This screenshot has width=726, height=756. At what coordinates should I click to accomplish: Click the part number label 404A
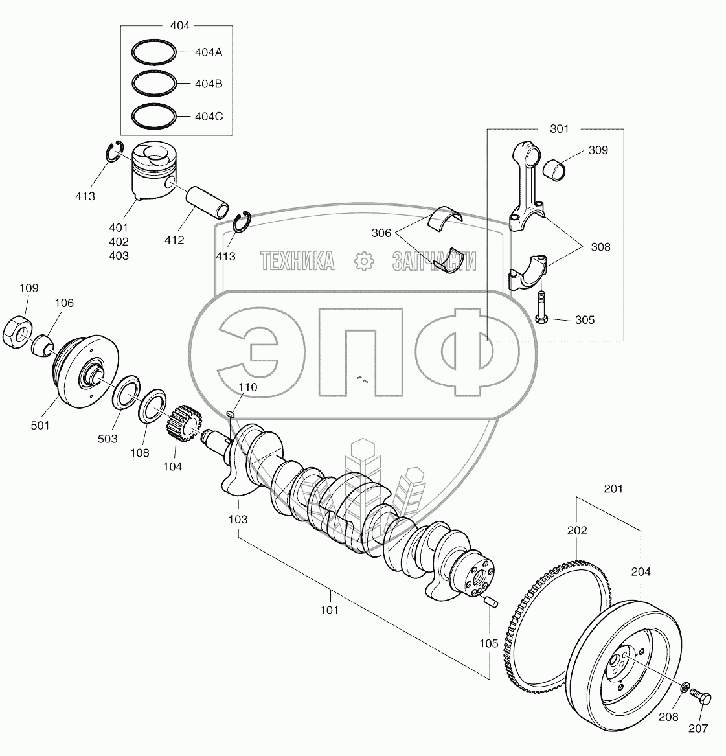point(209,52)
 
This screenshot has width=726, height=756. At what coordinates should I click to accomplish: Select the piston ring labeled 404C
point(153,117)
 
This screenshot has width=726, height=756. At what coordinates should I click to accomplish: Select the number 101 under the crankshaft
point(329,610)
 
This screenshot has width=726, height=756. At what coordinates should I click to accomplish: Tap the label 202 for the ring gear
point(576,531)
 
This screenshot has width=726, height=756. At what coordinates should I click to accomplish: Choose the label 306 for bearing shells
point(381,233)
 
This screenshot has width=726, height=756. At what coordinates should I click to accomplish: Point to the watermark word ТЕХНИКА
point(297,261)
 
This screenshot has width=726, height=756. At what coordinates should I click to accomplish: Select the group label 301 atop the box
point(559,129)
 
